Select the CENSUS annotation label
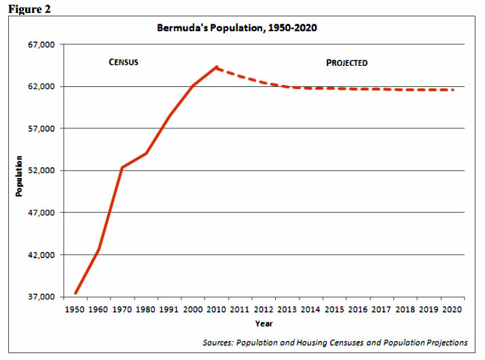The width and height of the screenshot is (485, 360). pyautogui.click(x=124, y=62)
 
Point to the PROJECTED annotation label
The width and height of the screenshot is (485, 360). pyautogui.click(x=346, y=62)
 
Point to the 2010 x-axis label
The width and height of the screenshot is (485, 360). pyautogui.click(x=217, y=310)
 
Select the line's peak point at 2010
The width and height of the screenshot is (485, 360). pyautogui.click(x=217, y=67)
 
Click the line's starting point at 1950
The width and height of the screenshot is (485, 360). pyautogui.click(x=75, y=293)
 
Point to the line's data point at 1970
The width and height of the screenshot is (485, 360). pyautogui.click(x=122, y=167)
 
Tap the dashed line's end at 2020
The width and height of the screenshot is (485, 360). pyautogui.click(x=452, y=90)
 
